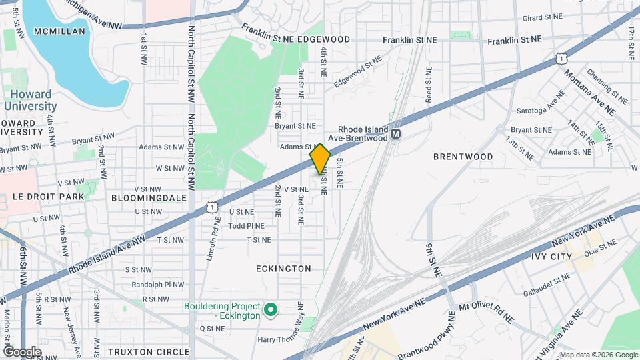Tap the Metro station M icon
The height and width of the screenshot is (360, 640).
click(396, 134)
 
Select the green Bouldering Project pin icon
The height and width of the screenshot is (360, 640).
click(271, 310)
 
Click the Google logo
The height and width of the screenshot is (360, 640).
click(22, 351)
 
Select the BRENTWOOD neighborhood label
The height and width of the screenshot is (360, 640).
click(463, 157)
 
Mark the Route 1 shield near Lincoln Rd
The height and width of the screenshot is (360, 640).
click(212, 207)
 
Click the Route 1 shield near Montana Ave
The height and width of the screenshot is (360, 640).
click(563, 60)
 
